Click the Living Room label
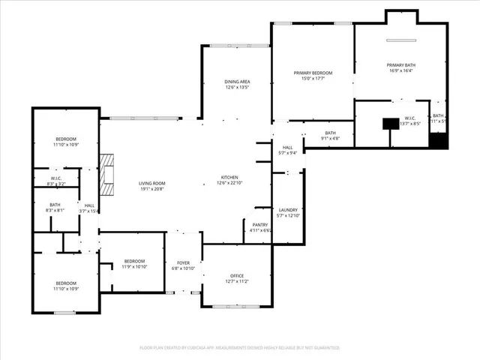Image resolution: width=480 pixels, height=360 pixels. coord(151,183)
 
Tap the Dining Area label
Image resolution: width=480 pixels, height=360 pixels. coord(237,81)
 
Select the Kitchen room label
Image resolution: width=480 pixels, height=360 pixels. coord(229,177)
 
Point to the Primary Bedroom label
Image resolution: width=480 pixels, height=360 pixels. coord(312,73)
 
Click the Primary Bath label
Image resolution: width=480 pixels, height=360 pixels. coord(401,65)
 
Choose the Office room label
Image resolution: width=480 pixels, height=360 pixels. coord(236,276)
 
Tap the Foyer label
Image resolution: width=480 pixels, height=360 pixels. coord(183,262)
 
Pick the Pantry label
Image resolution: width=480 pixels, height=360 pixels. coord(259,225)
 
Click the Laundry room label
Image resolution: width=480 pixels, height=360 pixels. coord(288,210)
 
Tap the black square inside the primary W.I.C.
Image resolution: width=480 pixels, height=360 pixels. coord(389,124)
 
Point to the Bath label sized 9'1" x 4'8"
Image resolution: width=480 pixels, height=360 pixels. coord(331,133)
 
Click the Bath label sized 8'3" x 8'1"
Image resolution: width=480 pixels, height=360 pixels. coord(55,205)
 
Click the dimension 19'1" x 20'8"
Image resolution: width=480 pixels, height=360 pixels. coord(151,189)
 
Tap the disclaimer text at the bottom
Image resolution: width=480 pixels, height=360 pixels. coord(240,347)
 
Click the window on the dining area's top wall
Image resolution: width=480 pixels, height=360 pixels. coord(235,45)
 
